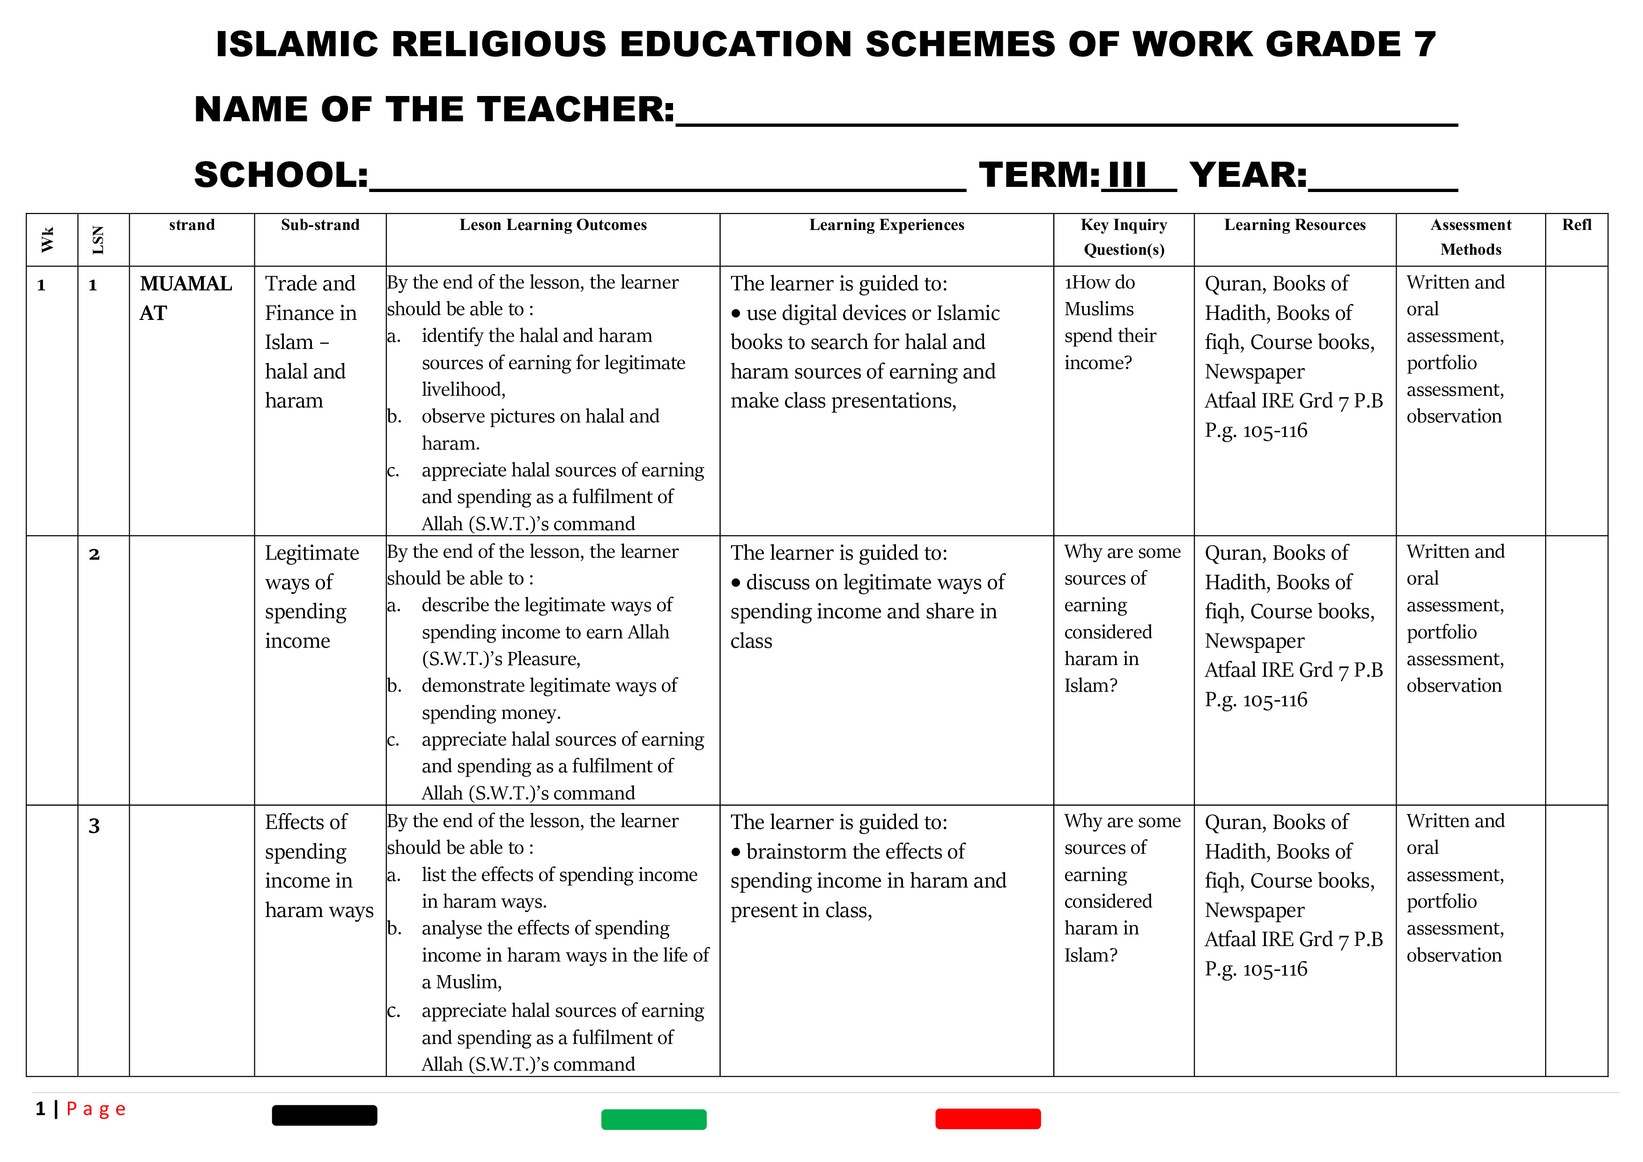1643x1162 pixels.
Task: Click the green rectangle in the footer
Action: pos(653,1119)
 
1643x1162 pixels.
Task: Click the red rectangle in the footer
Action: pos(987,1118)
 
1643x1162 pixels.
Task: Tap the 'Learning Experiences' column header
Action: pos(886,225)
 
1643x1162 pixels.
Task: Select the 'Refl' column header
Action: pos(1576,225)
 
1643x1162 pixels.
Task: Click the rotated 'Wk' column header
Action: pos(48,240)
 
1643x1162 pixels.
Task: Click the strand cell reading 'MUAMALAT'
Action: pos(185,298)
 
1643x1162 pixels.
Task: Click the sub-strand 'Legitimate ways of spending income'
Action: pos(311,596)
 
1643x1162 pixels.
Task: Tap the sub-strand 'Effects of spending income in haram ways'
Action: pos(318,866)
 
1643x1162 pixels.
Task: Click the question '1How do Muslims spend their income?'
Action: pos(1109,322)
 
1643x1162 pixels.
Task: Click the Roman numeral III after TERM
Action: pos(1126,175)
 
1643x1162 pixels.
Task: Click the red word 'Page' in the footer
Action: pos(96,1109)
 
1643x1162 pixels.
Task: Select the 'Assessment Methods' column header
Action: pos(1471,237)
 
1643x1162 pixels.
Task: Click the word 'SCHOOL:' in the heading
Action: pos(281,175)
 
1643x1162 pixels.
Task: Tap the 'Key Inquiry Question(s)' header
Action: pos(1124,237)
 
